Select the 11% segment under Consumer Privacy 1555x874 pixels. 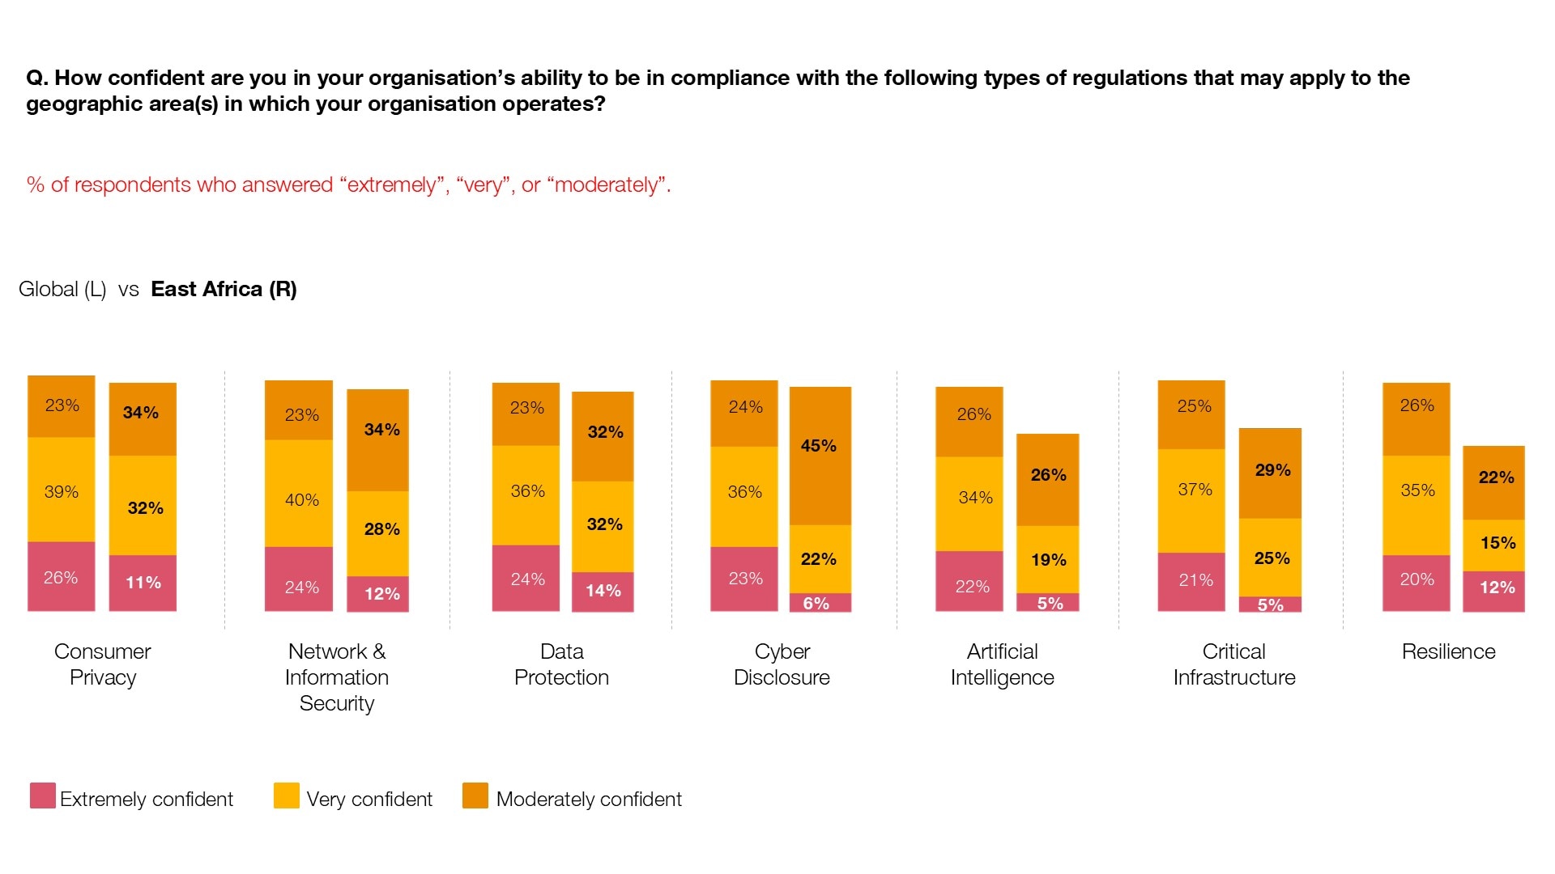tap(143, 583)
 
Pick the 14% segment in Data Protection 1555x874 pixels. tap(603, 592)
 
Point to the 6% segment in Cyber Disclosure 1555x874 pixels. tap(820, 603)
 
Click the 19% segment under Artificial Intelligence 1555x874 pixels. tap(1047, 559)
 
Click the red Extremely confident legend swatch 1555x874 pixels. tap(43, 796)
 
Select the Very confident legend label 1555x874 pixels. tap(369, 800)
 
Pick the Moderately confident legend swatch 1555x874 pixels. tap(475, 796)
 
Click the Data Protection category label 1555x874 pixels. tap(561, 664)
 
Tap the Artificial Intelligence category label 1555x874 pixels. tap(1002, 664)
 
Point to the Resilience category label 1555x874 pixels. tap(1448, 651)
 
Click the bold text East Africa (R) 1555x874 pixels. tap(224, 289)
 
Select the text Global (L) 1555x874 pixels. tap(62, 289)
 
